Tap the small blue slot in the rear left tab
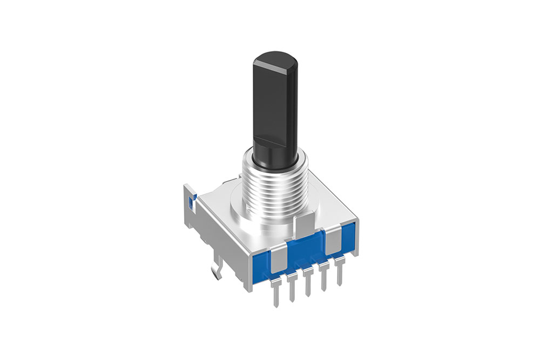click(x=190, y=202)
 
